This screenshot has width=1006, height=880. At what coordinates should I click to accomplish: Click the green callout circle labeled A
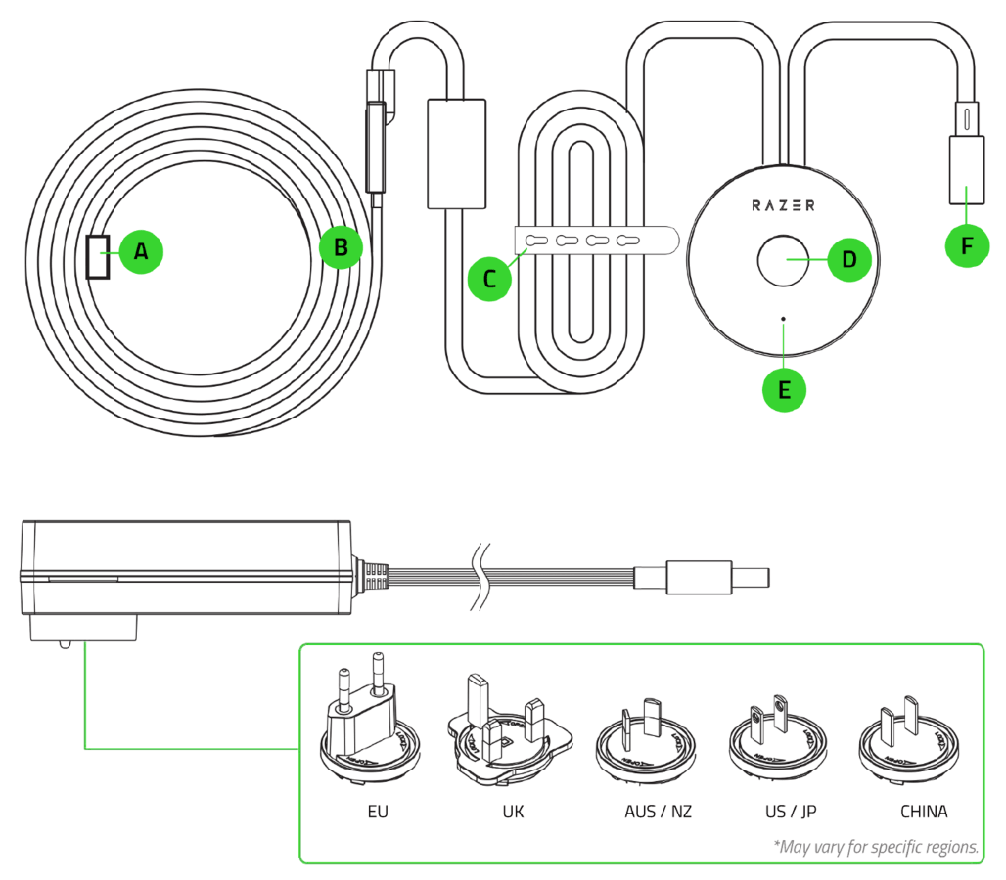142,251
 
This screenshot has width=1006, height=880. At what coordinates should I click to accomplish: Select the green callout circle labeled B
341,247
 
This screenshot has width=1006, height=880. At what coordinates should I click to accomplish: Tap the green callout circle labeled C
490,278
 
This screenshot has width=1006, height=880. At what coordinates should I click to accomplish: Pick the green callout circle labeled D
848,259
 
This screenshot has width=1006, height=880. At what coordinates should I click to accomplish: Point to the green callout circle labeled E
784,388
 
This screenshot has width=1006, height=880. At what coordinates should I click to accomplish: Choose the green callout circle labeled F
967,245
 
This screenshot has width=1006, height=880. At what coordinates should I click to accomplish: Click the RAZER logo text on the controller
784,205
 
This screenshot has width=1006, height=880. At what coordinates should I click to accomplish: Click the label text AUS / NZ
658,813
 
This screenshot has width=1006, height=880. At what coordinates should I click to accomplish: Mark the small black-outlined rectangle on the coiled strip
98,256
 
